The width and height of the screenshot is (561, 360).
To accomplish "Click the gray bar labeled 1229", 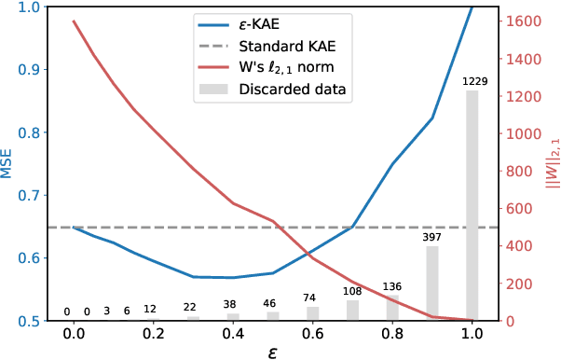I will pyautogui.click(x=472, y=205).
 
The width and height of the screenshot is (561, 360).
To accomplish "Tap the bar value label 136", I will pyautogui.click(x=392, y=286).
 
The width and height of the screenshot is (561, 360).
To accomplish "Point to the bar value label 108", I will pyautogui.click(x=352, y=291).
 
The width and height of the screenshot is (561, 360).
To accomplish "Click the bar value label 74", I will pyautogui.click(x=312, y=298).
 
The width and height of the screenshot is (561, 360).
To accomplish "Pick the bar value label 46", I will pyautogui.click(x=272, y=303).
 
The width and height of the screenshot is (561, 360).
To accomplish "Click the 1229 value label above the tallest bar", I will pyautogui.click(x=472, y=82).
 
